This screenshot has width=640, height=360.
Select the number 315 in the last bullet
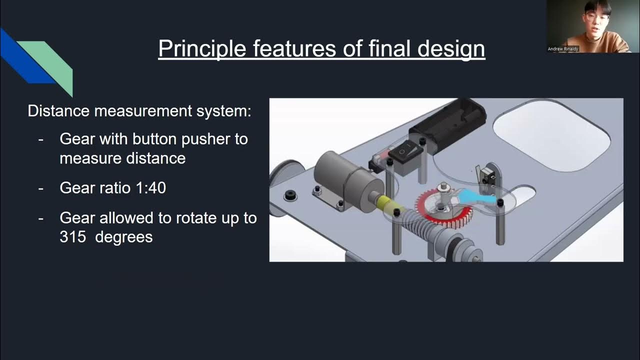tap(71, 236)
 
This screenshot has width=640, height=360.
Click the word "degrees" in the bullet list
tap(123, 236)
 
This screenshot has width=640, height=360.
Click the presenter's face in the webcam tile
tap(592, 17)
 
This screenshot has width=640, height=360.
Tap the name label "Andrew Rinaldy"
tap(563, 49)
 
